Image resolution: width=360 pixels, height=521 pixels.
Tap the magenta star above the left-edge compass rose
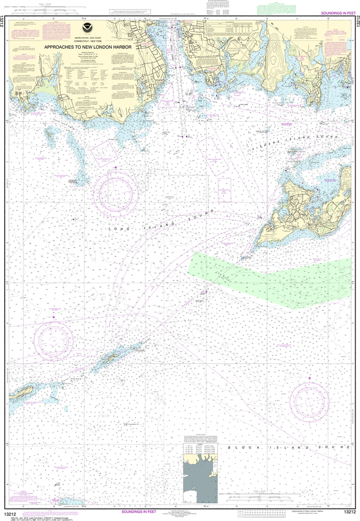[53, 317]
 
